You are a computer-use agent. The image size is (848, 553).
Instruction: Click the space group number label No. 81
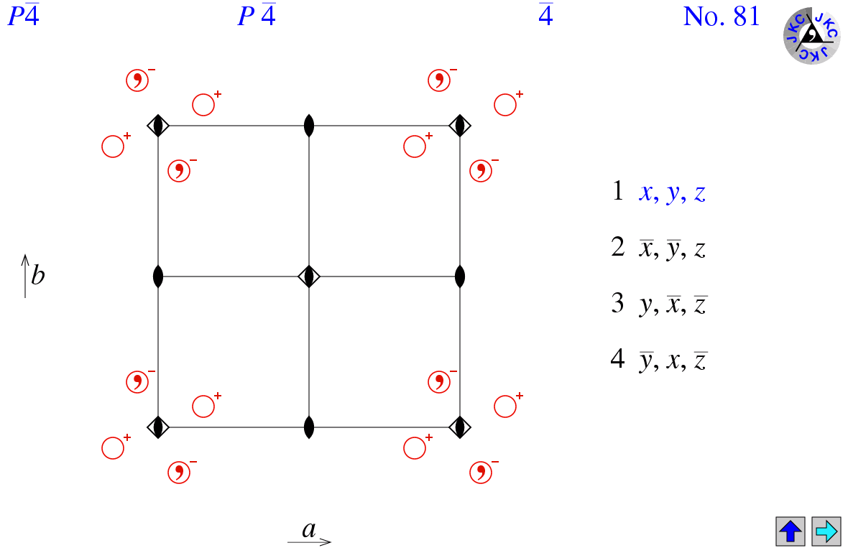(721, 17)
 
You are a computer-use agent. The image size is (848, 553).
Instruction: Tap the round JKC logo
(811, 35)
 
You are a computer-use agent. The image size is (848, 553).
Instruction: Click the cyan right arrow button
(826, 531)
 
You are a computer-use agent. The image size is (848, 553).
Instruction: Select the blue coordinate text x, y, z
(672, 193)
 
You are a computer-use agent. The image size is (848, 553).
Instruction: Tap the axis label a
(309, 531)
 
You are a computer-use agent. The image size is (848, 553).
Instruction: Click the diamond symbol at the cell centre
(309, 276)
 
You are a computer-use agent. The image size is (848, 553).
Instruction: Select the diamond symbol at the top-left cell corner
(158, 126)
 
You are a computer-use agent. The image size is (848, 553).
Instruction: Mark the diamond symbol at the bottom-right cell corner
(460, 427)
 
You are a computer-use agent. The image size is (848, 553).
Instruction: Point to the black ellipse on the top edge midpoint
(309, 126)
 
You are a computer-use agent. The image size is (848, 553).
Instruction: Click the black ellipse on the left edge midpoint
(158, 276)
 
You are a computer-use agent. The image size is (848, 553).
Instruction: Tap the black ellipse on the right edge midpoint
(460, 276)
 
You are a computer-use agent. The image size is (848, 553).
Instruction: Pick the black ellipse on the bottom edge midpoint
(309, 427)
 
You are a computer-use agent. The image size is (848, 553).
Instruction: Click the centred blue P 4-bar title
(257, 17)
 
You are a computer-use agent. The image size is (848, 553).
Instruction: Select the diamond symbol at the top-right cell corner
(460, 126)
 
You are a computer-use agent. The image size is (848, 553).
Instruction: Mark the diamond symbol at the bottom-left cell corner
(158, 427)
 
